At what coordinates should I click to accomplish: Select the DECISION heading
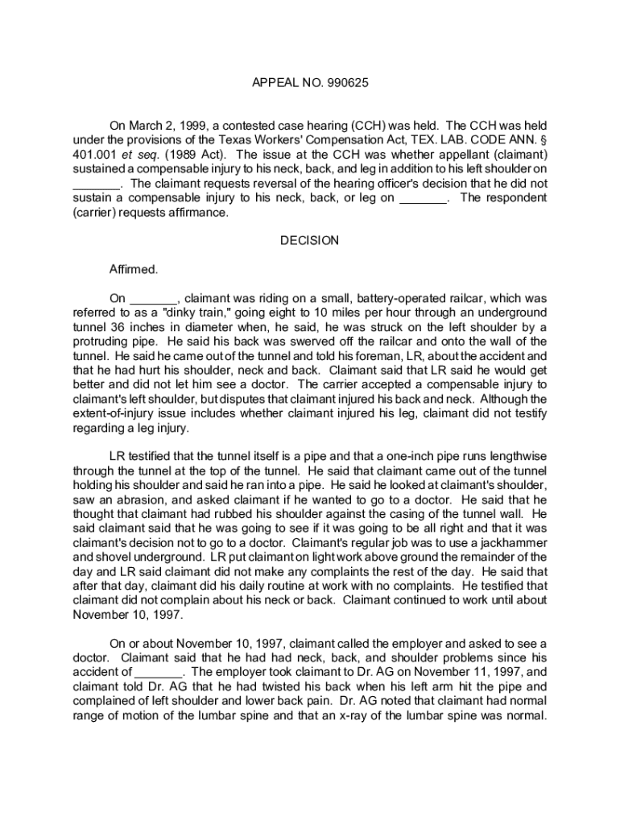pos(309,240)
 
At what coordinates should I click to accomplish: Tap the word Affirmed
pos(134,269)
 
